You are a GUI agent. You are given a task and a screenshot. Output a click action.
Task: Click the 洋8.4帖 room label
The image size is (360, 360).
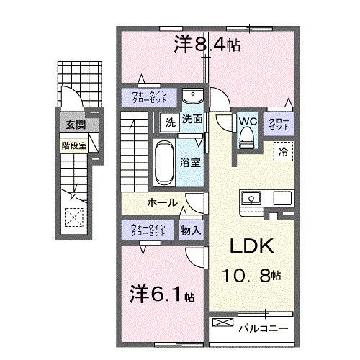207,45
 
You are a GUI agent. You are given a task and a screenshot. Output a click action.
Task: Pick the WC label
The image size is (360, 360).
247,122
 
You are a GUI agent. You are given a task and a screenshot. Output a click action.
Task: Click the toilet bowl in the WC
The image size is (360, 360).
247,140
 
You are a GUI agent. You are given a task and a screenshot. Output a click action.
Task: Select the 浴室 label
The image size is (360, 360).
191,162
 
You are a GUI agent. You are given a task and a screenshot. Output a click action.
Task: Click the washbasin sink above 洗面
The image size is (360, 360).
192,97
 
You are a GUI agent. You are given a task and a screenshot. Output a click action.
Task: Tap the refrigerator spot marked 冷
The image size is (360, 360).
284,152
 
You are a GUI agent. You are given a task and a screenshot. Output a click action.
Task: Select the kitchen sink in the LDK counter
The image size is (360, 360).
253,197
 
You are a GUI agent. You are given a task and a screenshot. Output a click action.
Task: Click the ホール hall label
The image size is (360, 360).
162,203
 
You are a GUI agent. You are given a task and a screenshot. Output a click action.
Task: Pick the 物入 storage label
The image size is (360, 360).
191,230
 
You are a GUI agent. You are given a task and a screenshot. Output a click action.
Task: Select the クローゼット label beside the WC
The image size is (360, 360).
279,123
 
